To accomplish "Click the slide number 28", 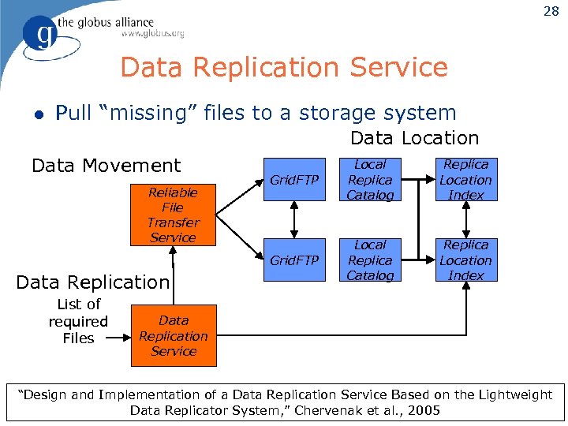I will (x=551, y=11).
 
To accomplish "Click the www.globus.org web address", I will (x=152, y=33).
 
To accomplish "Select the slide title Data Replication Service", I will (x=283, y=67).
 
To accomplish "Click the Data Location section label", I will (x=414, y=138).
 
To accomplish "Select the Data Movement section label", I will (x=106, y=166).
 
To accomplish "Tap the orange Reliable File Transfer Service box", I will (x=173, y=215).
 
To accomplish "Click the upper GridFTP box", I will (x=294, y=180).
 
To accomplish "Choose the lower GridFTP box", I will (x=294, y=260).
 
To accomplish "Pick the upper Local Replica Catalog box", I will (x=370, y=180).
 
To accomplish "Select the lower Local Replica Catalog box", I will (x=370, y=260).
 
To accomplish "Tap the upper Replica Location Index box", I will (x=465, y=180).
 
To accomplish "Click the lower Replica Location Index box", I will (x=465, y=260).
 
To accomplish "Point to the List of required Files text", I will (x=78, y=321).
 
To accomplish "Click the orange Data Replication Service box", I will (x=173, y=336).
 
